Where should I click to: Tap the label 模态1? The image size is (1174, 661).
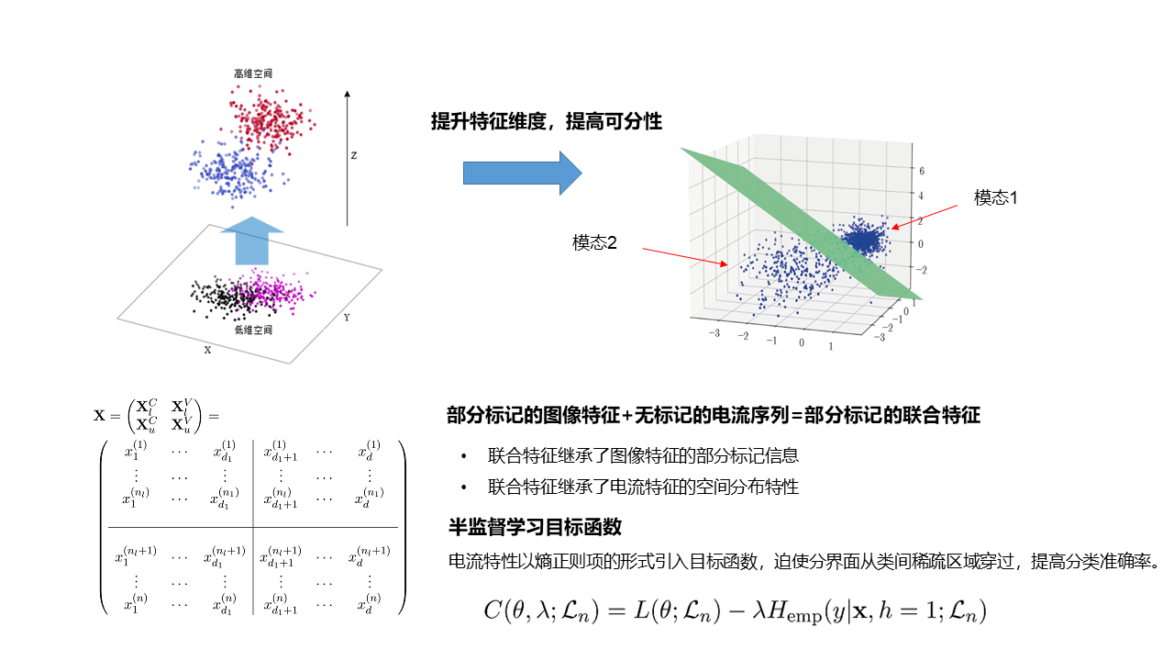pyautogui.click(x=996, y=197)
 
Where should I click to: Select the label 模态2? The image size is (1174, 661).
pyautogui.click(x=595, y=242)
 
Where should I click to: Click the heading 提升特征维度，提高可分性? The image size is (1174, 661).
pyautogui.click(x=547, y=121)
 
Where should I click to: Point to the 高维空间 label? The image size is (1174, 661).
pyautogui.click(x=252, y=73)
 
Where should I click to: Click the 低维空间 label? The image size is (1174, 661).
pyautogui.click(x=253, y=330)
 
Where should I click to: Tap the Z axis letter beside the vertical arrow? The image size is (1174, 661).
pyautogui.click(x=353, y=155)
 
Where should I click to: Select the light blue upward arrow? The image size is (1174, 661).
pyautogui.click(x=253, y=241)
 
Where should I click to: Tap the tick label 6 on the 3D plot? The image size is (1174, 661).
pyautogui.click(x=921, y=172)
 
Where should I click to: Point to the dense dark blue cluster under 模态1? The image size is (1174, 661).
pyautogui.click(x=862, y=241)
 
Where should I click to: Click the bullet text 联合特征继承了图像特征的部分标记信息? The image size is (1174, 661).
pyautogui.click(x=643, y=455)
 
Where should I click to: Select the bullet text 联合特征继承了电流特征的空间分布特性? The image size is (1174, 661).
pyautogui.click(x=643, y=487)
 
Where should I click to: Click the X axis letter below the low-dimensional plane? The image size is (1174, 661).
pyautogui.click(x=207, y=350)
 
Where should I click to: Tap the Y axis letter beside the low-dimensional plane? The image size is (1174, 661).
pyautogui.click(x=346, y=318)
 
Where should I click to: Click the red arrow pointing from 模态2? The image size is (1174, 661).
pyautogui.click(x=683, y=256)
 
